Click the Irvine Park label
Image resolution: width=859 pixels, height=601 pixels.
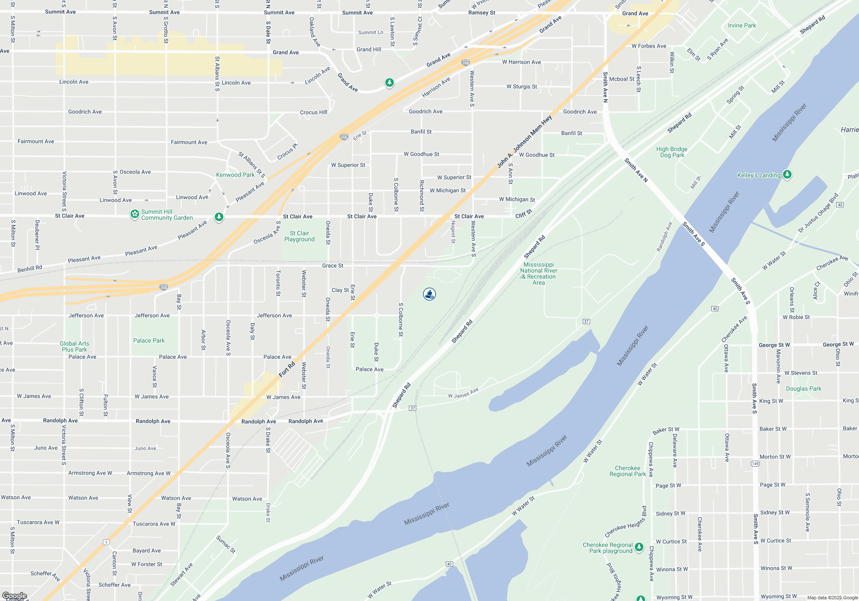tap(742, 25)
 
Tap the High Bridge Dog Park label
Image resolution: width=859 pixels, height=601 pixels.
tap(672, 152)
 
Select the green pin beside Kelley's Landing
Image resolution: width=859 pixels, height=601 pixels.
tap(787, 174)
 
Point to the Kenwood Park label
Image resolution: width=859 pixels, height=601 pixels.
tap(235, 175)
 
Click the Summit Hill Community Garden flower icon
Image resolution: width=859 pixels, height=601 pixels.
tap(135, 214)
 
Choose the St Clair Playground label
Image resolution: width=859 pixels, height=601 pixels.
tap(299, 236)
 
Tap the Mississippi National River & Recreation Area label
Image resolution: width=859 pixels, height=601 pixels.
tap(539, 273)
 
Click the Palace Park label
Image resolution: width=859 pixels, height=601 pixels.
tap(149, 340)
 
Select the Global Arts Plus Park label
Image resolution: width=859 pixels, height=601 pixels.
tap(74, 346)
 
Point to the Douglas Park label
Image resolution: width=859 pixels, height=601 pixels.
tap(803, 389)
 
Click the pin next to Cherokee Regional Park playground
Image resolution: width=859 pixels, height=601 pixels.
tap(639, 547)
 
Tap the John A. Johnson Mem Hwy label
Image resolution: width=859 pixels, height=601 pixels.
tap(524, 141)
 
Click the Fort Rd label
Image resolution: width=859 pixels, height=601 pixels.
tap(287, 369)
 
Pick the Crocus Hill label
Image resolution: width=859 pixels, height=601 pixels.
tap(314, 112)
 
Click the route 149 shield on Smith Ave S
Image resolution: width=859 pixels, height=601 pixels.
tap(755, 464)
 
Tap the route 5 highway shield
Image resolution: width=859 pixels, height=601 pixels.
tap(106, 542)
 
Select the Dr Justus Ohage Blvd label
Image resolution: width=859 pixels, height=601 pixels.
tap(818, 213)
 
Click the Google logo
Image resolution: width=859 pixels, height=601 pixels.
tap(14, 596)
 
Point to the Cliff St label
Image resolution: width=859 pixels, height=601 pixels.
tap(524, 213)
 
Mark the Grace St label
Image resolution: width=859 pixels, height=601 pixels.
tap(332, 266)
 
